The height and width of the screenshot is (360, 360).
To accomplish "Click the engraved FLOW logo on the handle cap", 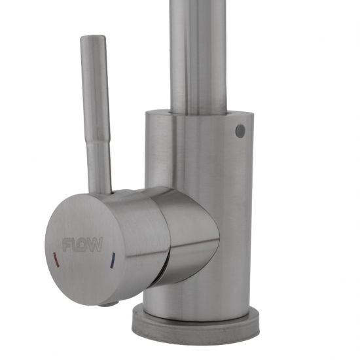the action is point(82,244).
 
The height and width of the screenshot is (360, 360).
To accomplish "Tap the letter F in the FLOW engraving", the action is point(67,244).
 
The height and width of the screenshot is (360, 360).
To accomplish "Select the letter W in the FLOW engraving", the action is point(95,245).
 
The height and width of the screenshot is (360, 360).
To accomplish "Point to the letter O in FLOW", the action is point(82,245).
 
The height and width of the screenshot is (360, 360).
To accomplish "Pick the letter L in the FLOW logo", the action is point(75,245).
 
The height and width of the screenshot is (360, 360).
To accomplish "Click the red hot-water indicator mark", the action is point(56,260).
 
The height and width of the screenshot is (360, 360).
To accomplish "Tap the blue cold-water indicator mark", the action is point(113,261).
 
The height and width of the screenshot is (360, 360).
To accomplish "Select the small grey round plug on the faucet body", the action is point(240,131).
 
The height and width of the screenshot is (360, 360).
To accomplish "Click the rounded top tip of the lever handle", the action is point(93,37).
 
